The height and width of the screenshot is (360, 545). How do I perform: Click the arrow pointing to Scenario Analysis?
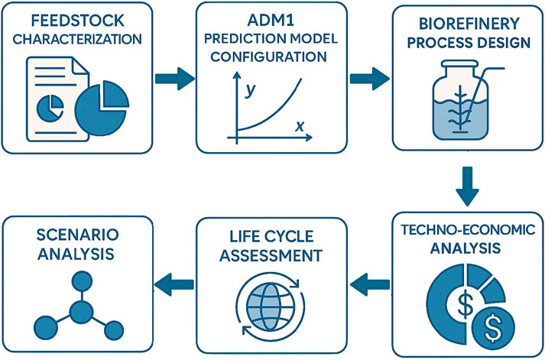pyautogui.click(x=173, y=284)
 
